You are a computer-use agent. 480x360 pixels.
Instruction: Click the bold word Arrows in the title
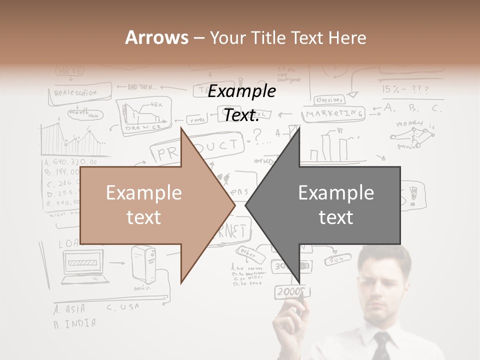[156, 37]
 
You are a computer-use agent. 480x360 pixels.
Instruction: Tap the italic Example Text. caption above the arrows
[241, 103]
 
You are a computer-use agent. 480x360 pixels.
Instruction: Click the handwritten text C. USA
[122, 307]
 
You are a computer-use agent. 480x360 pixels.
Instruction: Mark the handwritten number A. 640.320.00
[70, 162]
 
